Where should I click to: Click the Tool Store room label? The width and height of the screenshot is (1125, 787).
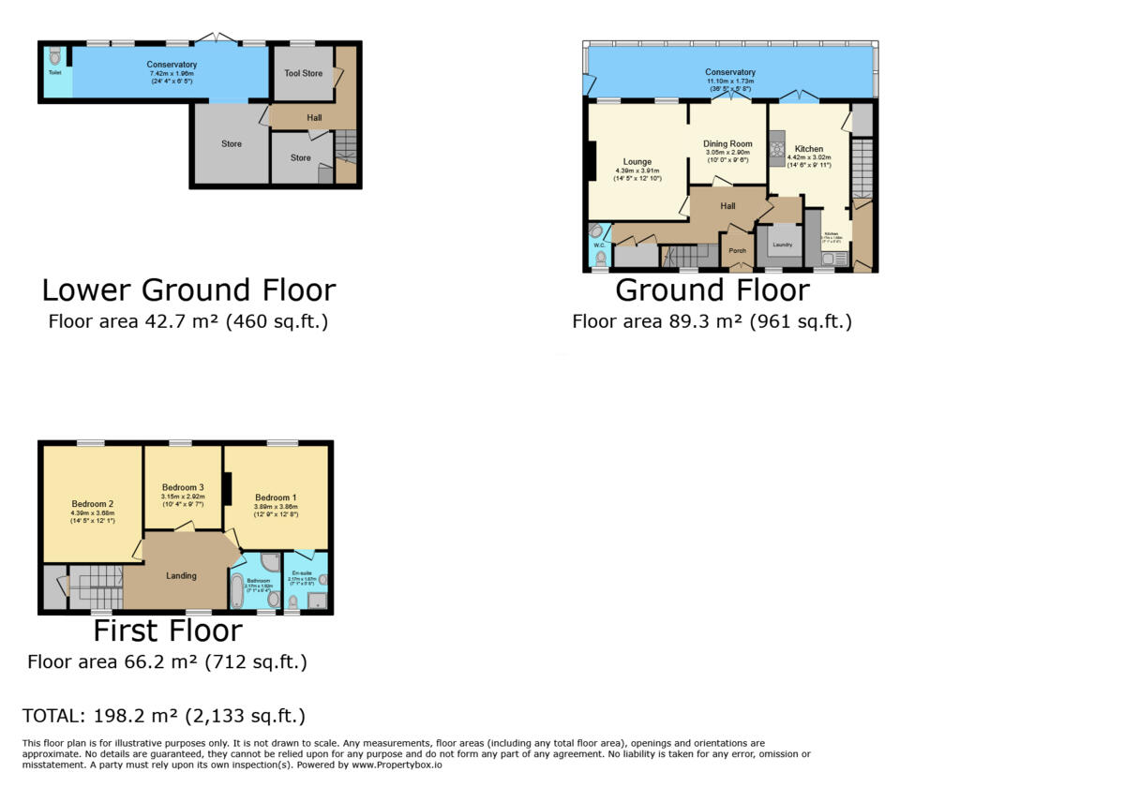[302, 73]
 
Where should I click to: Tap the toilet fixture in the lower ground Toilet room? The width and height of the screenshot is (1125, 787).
[53, 56]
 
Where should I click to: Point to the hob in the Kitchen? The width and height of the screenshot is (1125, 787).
[776, 148]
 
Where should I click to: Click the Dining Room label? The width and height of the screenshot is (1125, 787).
[727, 144]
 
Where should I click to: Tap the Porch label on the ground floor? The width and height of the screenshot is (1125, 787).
[738, 250]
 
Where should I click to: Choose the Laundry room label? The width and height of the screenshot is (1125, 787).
[782, 245]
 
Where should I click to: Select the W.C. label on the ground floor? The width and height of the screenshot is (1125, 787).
[595, 246]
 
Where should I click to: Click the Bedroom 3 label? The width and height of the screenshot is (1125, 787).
[183, 487]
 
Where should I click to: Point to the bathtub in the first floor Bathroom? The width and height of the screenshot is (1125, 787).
[237, 590]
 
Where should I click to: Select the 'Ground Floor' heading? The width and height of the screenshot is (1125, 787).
[712, 290]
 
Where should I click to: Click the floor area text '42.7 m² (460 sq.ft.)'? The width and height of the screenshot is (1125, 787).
[187, 321]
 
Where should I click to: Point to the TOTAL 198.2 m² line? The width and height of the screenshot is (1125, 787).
[164, 716]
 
